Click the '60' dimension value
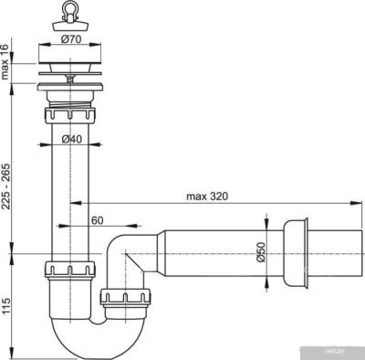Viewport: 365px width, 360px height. pyautogui.click(x=96, y=220)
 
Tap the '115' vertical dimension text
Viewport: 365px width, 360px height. pyautogui.click(x=8, y=302)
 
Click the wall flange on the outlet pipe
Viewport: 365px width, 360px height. pyautogui.click(x=294, y=252)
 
